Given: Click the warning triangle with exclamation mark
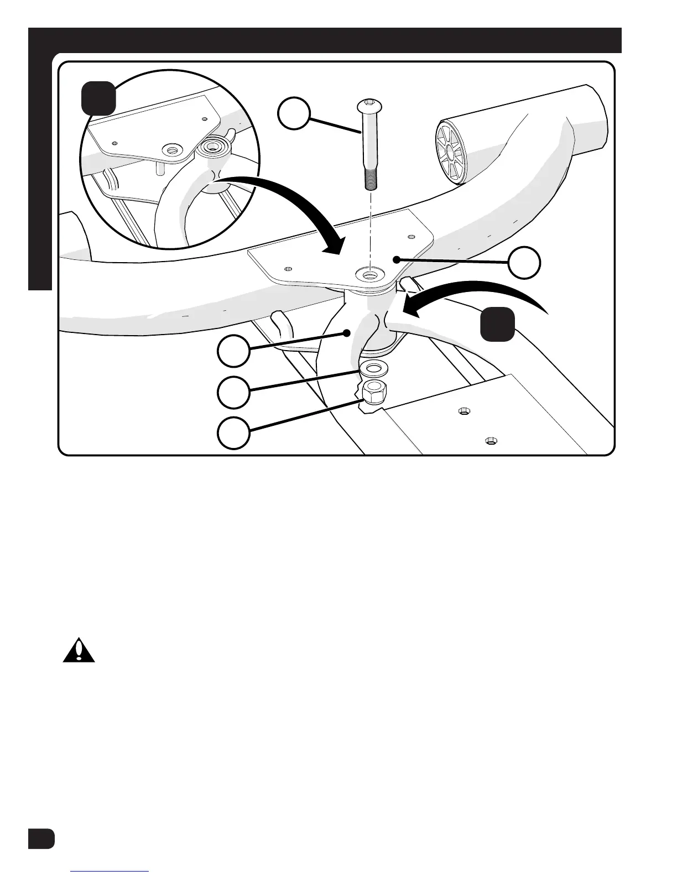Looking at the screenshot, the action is click(79, 651).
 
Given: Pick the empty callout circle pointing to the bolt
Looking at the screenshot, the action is click(293, 114).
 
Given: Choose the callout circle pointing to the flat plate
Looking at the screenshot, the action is click(524, 263).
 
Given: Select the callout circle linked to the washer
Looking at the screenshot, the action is click(233, 393).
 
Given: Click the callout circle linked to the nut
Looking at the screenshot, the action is click(233, 433).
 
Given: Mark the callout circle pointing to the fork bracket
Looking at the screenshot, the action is click(233, 351).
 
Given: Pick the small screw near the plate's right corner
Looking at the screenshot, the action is click(411, 237).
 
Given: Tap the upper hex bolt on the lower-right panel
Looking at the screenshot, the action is click(464, 410).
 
